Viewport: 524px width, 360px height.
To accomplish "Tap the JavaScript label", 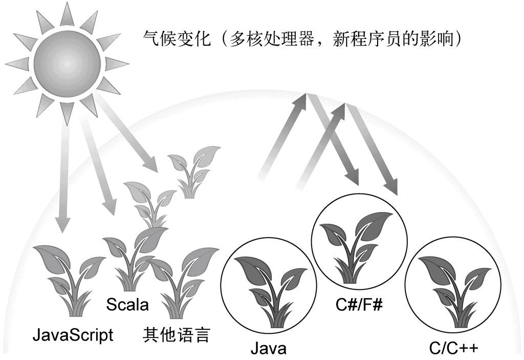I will [73, 335].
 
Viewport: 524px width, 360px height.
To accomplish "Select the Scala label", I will [127, 305].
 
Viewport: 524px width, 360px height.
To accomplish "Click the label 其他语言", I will [176, 335].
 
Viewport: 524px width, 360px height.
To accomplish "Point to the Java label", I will [268, 349].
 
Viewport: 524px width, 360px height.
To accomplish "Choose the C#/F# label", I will [360, 305].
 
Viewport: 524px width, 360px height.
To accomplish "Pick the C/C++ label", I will [454, 349].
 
